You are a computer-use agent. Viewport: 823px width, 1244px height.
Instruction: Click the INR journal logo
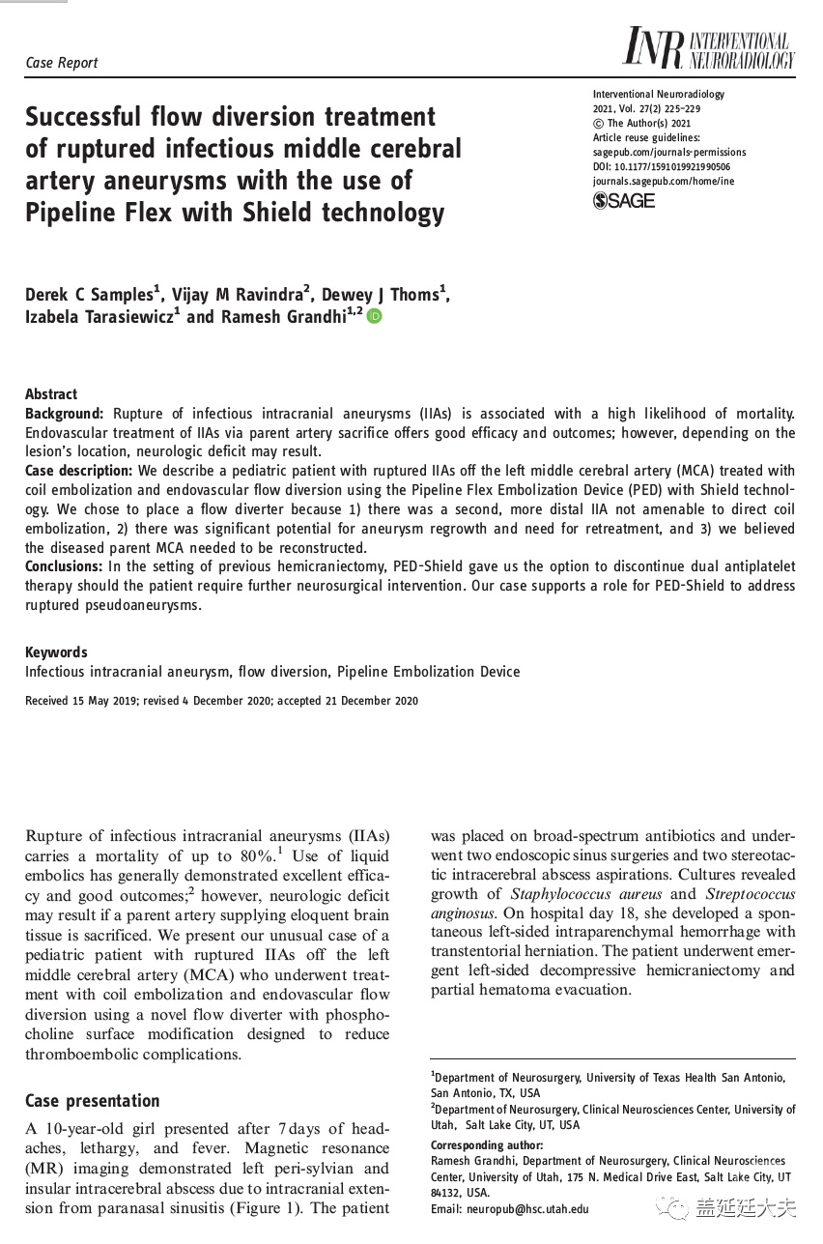click(708, 48)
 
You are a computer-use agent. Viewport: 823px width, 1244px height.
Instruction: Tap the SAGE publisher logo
click(623, 201)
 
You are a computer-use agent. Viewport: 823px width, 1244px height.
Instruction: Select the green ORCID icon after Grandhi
click(374, 316)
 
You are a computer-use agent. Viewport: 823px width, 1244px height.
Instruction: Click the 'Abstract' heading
click(51, 394)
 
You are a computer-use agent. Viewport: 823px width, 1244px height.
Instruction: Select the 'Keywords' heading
click(56, 652)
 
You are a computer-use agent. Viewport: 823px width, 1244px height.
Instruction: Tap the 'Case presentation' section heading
click(92, 1101)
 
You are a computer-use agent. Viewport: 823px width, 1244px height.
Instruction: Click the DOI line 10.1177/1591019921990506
click(667, 166)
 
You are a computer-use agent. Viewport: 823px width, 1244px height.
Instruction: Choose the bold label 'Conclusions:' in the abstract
click(66, 566)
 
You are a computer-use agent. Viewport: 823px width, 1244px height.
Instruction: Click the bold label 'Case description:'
click(80, 471)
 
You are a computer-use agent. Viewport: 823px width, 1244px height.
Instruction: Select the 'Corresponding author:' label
click(481, 1145)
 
